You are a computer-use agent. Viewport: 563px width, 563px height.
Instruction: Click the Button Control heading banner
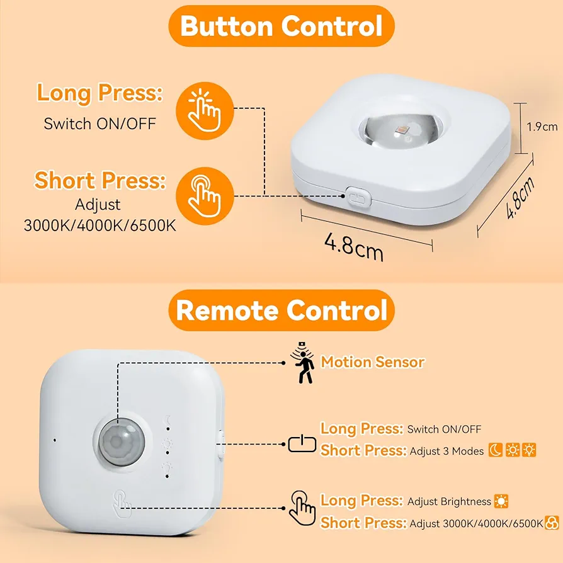pos(281,26)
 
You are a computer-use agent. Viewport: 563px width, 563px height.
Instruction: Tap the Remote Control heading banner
pos(281,310)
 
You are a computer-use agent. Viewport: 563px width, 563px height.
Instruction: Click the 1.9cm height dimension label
pos(542,127)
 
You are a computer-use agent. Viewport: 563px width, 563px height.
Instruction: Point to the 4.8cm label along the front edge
pos(354,246)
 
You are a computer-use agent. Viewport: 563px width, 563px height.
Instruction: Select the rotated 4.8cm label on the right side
pos(520,197)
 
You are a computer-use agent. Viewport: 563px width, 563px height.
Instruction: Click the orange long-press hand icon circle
pos(205,111)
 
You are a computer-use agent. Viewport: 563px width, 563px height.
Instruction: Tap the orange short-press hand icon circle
pos(205,196)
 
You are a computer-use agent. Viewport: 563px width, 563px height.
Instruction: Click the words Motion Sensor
pos(373,362)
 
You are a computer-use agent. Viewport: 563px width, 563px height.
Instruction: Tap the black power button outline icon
pos(302,444)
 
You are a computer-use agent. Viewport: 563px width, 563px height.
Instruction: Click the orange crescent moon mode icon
pos(496,450)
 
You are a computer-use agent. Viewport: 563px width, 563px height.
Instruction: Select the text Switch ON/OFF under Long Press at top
pos(100,124)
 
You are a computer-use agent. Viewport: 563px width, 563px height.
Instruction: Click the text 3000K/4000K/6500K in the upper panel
pos(100,225)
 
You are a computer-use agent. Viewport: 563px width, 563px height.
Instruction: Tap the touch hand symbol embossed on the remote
pos(122,504)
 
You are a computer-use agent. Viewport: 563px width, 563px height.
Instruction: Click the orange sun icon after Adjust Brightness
pos(501,501)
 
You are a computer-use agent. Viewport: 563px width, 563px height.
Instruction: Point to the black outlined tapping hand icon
pos(303,508)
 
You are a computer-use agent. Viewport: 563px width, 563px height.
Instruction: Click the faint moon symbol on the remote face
pos(168,420)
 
